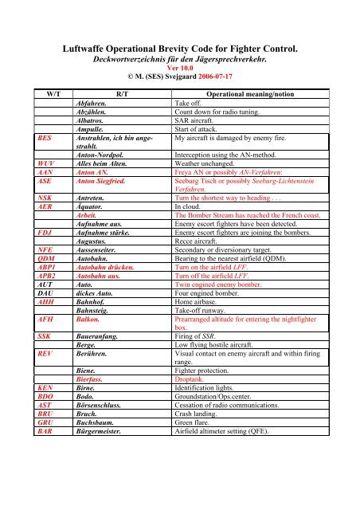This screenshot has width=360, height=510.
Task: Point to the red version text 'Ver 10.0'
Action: coord(179,67)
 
